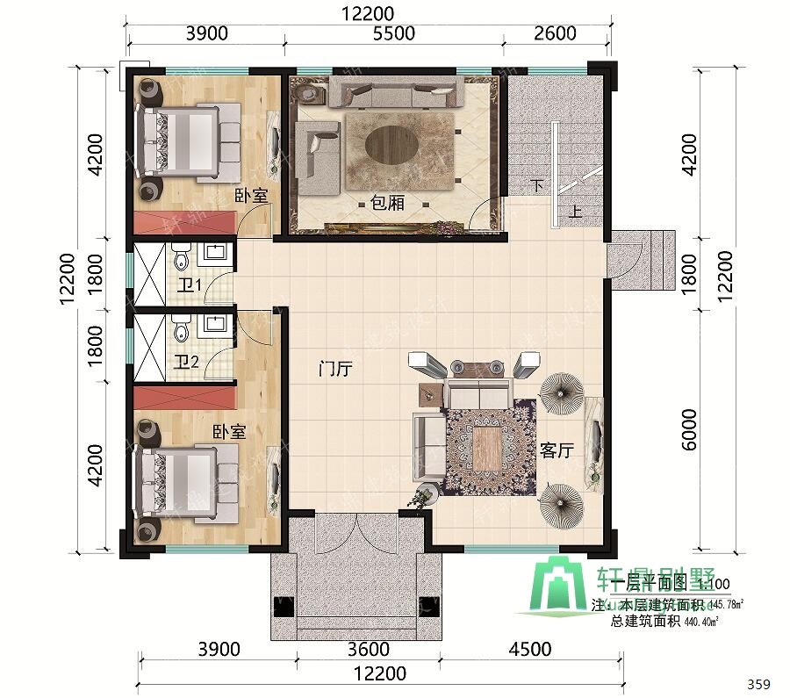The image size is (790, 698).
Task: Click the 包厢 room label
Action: [387, 203]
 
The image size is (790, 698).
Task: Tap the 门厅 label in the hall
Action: [334, 370]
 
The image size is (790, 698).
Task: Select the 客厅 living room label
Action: [556, 451]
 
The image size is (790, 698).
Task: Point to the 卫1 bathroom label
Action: [189, 284]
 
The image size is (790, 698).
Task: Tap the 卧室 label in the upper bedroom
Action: [251, 197]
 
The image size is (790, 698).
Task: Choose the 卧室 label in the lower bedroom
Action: [228, 433]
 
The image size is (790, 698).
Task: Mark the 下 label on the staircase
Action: [538, 185]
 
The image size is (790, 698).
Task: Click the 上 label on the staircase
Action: [575, 212]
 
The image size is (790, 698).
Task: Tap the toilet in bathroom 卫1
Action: [181, 257]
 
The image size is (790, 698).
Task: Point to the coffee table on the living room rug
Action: [487, 447]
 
